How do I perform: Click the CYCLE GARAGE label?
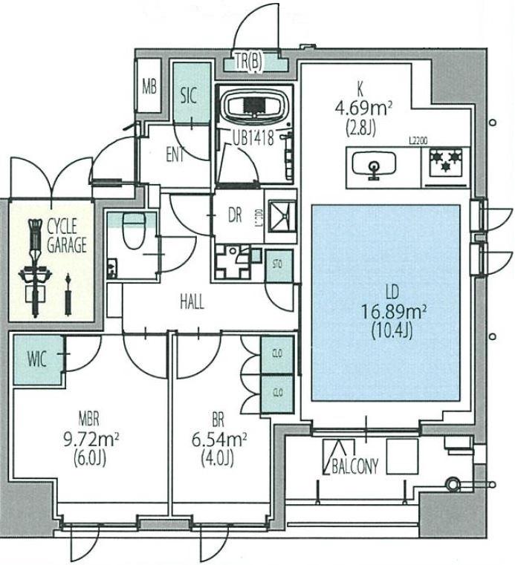pos(68,235)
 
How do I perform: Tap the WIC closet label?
pos(37,360)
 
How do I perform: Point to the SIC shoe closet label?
pos(189,96)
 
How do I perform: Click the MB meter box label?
pos(149,86)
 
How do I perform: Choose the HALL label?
pos(192,302)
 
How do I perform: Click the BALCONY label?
pos(352,466)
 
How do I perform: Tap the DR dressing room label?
pos(235,215)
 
